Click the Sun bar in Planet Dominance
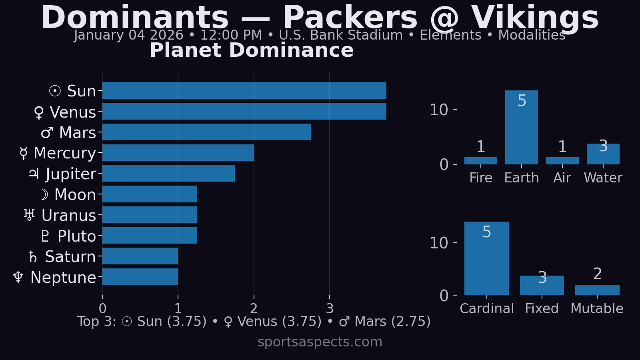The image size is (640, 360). tap(244, 90)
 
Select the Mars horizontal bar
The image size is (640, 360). tap(206, 132)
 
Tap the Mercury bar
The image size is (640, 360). tap(178, 153)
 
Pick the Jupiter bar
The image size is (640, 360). tap(168, 173)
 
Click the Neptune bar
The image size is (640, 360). tap(140, 277)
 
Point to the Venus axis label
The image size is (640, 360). tap(65, 112)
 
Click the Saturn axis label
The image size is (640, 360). tap(62, 257)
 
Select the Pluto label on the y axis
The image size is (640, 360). tap(68, 236)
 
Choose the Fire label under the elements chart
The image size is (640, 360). tap(481, 178)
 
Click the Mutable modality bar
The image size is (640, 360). tap(597, 290)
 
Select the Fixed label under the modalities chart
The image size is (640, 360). tap(542, 309)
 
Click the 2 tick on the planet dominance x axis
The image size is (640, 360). tap(254, 308)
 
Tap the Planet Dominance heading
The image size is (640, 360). tap(252, 51)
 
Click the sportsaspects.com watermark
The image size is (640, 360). tap(320, 342)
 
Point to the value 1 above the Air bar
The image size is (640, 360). tap(562, 147)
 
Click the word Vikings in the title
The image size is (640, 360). tap(535, 18)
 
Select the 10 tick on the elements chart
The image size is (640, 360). tap(439, 110)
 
